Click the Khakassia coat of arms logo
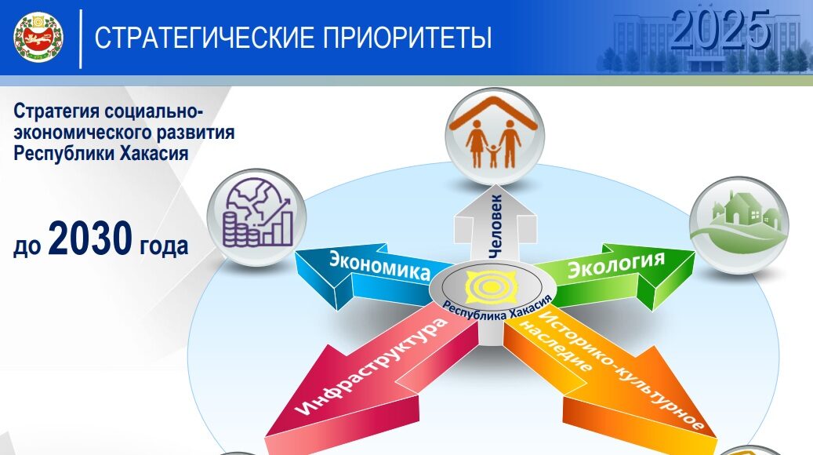coord(38,38)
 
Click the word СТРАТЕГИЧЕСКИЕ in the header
coord(205,38)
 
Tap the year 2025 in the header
coord(720,29)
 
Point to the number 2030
coord(90,238)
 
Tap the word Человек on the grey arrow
coord(495,225)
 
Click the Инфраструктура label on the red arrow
coord(372,366)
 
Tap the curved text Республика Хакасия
coord(496,309)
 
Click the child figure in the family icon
coord(493,155)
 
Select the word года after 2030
coord(164,246)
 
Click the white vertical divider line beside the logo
coord(81,38)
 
